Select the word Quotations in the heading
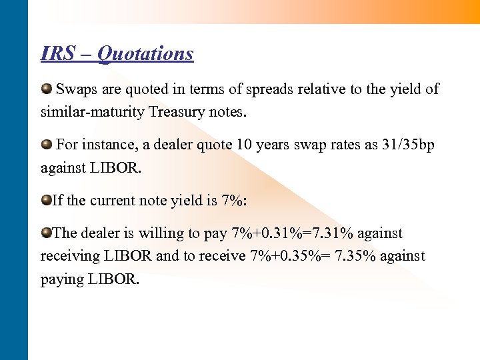tap(145, 54)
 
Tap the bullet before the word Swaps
tap(47, 89)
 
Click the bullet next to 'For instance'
tap(47, 145)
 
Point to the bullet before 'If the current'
tap(47, 200)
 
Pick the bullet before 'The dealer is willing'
tap(47, 233)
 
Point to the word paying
tap(62, 279)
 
